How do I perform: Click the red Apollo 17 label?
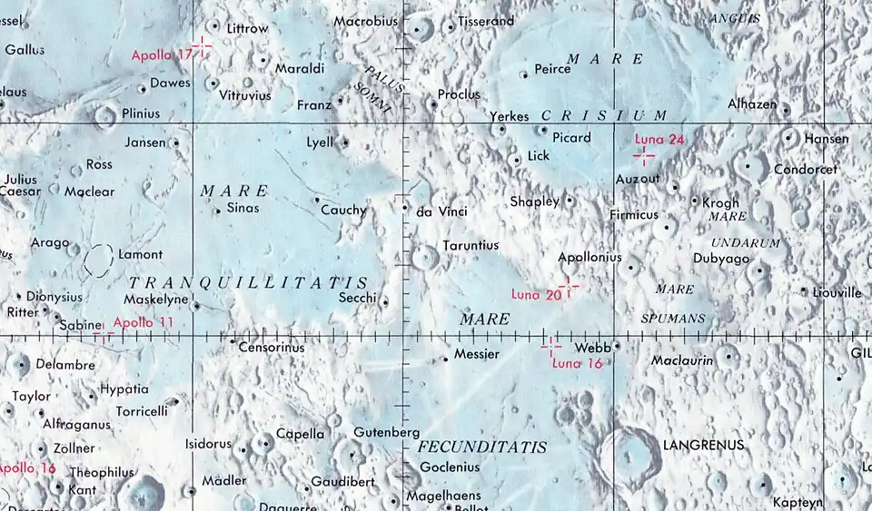pyautogui.click(x=162, y=54)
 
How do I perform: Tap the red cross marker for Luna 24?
pyautogui.click(x=644, y=156)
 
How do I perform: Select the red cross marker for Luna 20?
pyautogui.click(x=569, y=287)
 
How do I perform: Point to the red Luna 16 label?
pyautogui.click(x=578, y=363)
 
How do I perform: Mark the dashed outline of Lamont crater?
pyautogui.click(x=98, y=260)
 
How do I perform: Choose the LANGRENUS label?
pyautogui.click(x=703, y=445)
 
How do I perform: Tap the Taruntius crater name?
pyautogui.click(x=471, y=245)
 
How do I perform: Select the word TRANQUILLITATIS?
pyautogui.click(x=247, y=282)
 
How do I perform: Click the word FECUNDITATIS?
pyautogui.click(x=482, y=447)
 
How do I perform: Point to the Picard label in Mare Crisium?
pyautogui.click(x=571, y=138)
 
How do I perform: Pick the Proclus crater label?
pyautogui.click(x=458, y=94)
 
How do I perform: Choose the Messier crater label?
pyautogui.click(x=476, y=354)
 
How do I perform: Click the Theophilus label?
pyautogui.click(x=102, y=472)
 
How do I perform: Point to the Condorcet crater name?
pyautogui.click(x=805, y=170)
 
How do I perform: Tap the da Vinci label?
pyautogui.click(x=441, y=211)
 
